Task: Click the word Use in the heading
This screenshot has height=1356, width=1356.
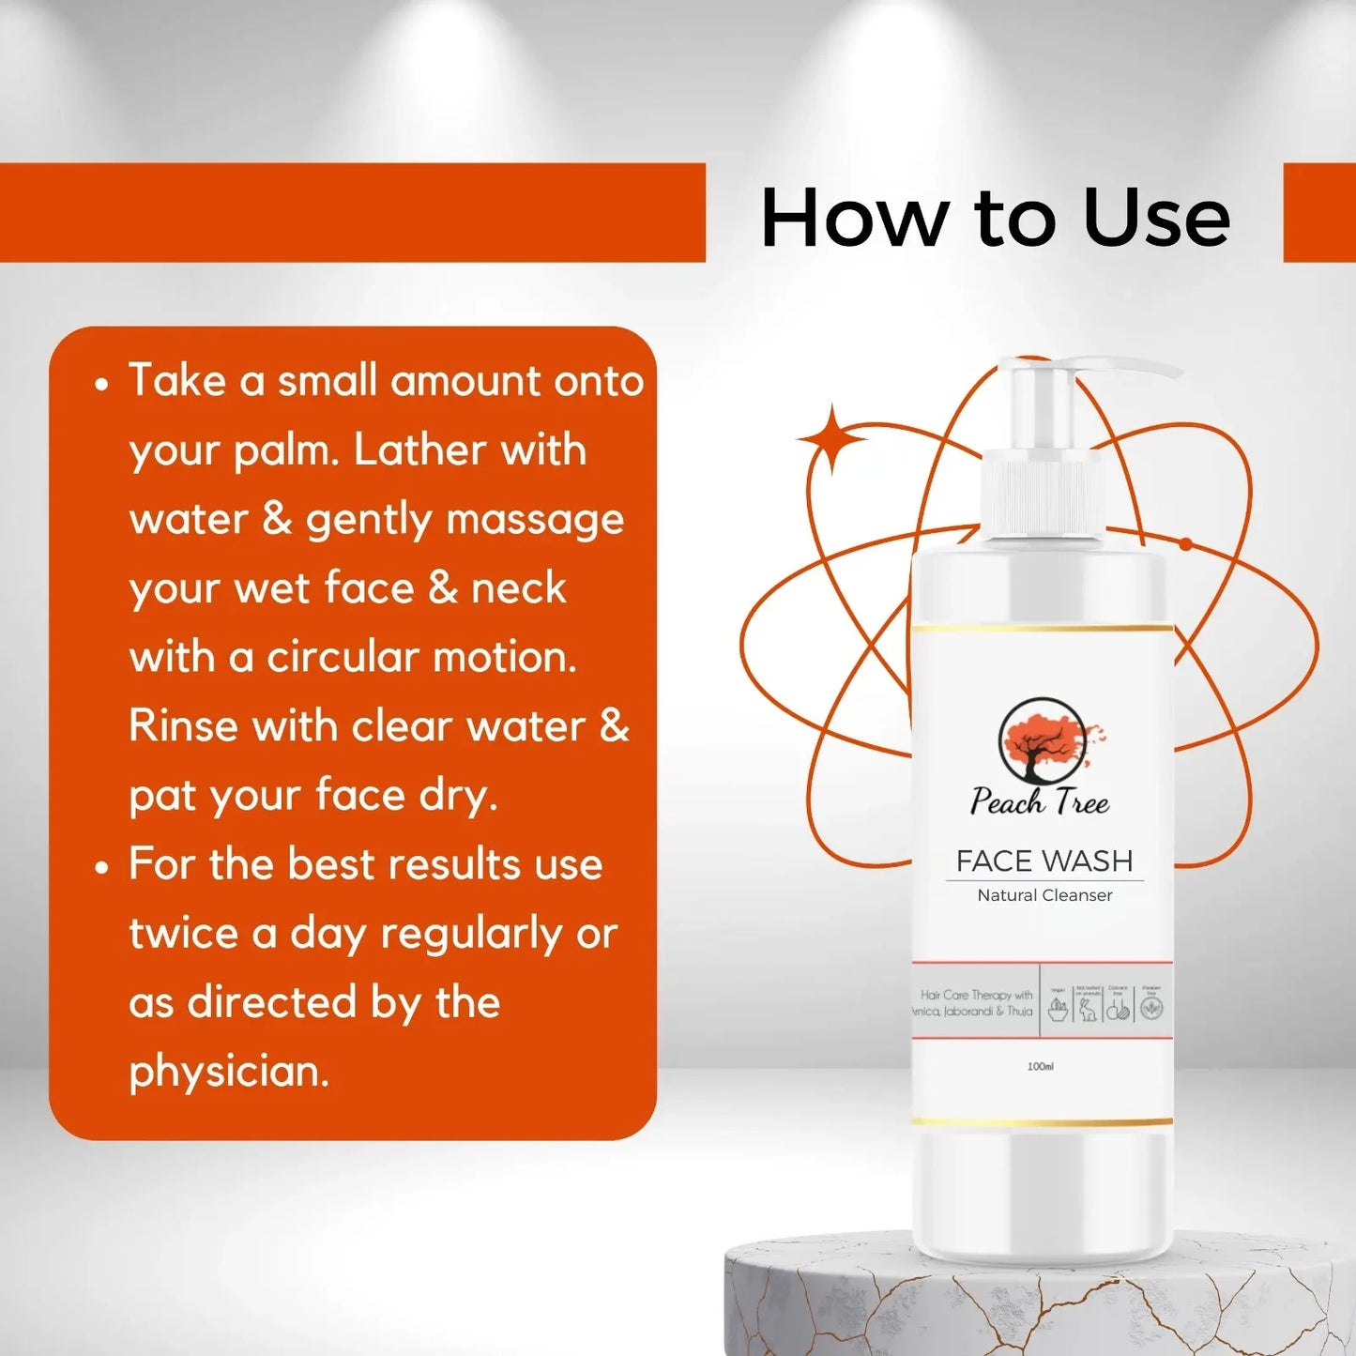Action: tap(1155, 219)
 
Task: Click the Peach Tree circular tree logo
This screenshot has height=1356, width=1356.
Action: tap(1042, 741)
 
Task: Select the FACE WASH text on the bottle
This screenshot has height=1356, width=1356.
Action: tap(1044, 861)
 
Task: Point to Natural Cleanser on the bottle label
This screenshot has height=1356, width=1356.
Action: tap(1044, 895)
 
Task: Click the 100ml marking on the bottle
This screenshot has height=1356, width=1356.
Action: tap(1040, 1066)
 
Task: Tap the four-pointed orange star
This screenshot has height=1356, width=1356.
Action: tap(831, 439)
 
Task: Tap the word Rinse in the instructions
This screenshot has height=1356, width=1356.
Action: tap(182, 725)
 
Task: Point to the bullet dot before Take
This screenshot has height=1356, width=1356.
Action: tap(101, 384)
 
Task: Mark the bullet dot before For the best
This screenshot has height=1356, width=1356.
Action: tap(101, 867)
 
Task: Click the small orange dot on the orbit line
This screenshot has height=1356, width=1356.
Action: tap(1185, 544)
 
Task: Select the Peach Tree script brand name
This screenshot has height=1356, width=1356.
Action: tap(1040, 802)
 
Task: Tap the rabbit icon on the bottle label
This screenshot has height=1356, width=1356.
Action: tap(1088, 1010)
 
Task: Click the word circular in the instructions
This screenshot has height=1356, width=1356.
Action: tap(343, 657)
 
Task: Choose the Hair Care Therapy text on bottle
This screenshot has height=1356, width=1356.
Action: tap(975, 995)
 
